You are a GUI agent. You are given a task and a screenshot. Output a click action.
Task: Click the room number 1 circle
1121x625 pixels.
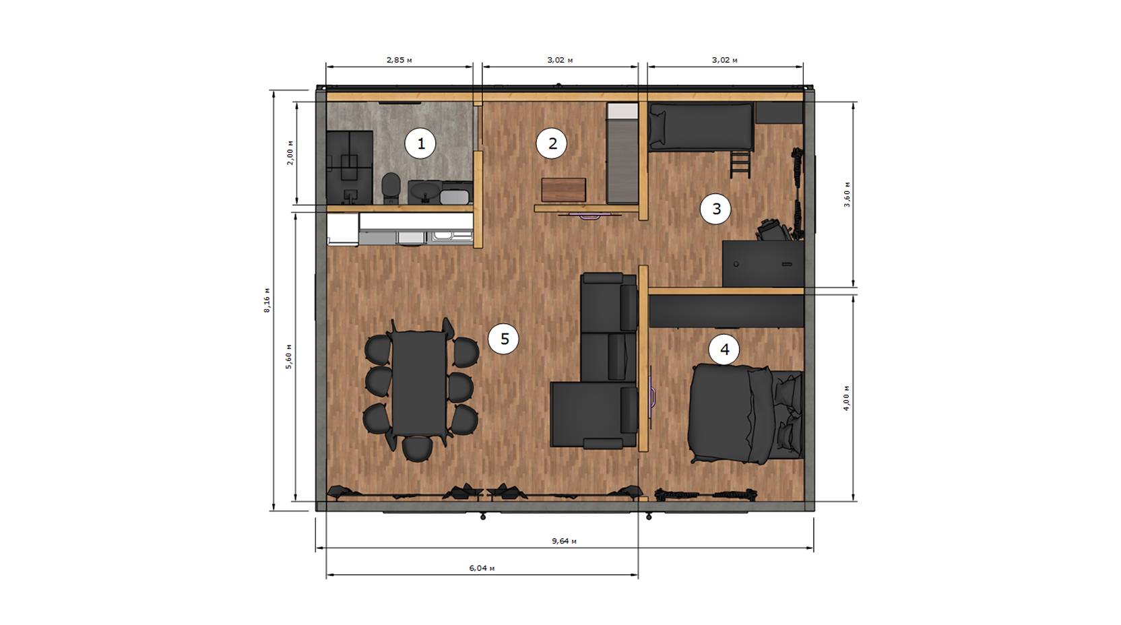pos(420,143)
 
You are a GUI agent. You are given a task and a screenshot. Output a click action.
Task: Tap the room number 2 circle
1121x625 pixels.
pos(552,143)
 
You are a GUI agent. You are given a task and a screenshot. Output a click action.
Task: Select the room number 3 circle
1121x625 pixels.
pos(715,209)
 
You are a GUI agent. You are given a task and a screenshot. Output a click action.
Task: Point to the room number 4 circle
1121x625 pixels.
pos(724,350)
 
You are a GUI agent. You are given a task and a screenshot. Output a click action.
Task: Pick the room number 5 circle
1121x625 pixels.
pos(504,339)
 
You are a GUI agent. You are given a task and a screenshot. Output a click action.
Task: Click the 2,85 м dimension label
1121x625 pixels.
pos(399,60)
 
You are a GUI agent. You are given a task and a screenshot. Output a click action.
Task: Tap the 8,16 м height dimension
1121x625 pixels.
pos(267,300)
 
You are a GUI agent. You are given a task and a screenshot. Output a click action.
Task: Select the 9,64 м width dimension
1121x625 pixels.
pos(564,541)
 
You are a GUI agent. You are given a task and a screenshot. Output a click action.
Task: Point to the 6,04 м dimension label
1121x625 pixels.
pos(482,568)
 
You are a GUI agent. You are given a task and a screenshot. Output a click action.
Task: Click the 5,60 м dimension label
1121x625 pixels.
pos(289,357)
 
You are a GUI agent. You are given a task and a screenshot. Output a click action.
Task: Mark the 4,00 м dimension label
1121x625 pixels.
pos(847,398)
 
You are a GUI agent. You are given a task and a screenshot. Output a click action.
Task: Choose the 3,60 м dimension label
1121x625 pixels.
pos(847,195)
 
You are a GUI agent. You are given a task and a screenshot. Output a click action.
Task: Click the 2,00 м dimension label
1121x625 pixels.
pos(290,153)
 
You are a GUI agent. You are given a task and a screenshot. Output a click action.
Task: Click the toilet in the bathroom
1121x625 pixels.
pos(390,188)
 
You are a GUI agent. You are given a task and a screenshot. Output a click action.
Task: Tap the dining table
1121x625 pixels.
pos(420,384)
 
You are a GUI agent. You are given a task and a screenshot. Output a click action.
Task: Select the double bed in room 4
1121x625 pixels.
pos(746,414)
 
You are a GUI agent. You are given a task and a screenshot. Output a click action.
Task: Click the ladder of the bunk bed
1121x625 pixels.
pos(740,164)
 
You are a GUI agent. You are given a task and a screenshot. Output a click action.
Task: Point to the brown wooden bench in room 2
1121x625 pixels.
pos(563,190)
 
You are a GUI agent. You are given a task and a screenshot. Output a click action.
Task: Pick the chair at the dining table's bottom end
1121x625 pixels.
pos(418,449)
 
